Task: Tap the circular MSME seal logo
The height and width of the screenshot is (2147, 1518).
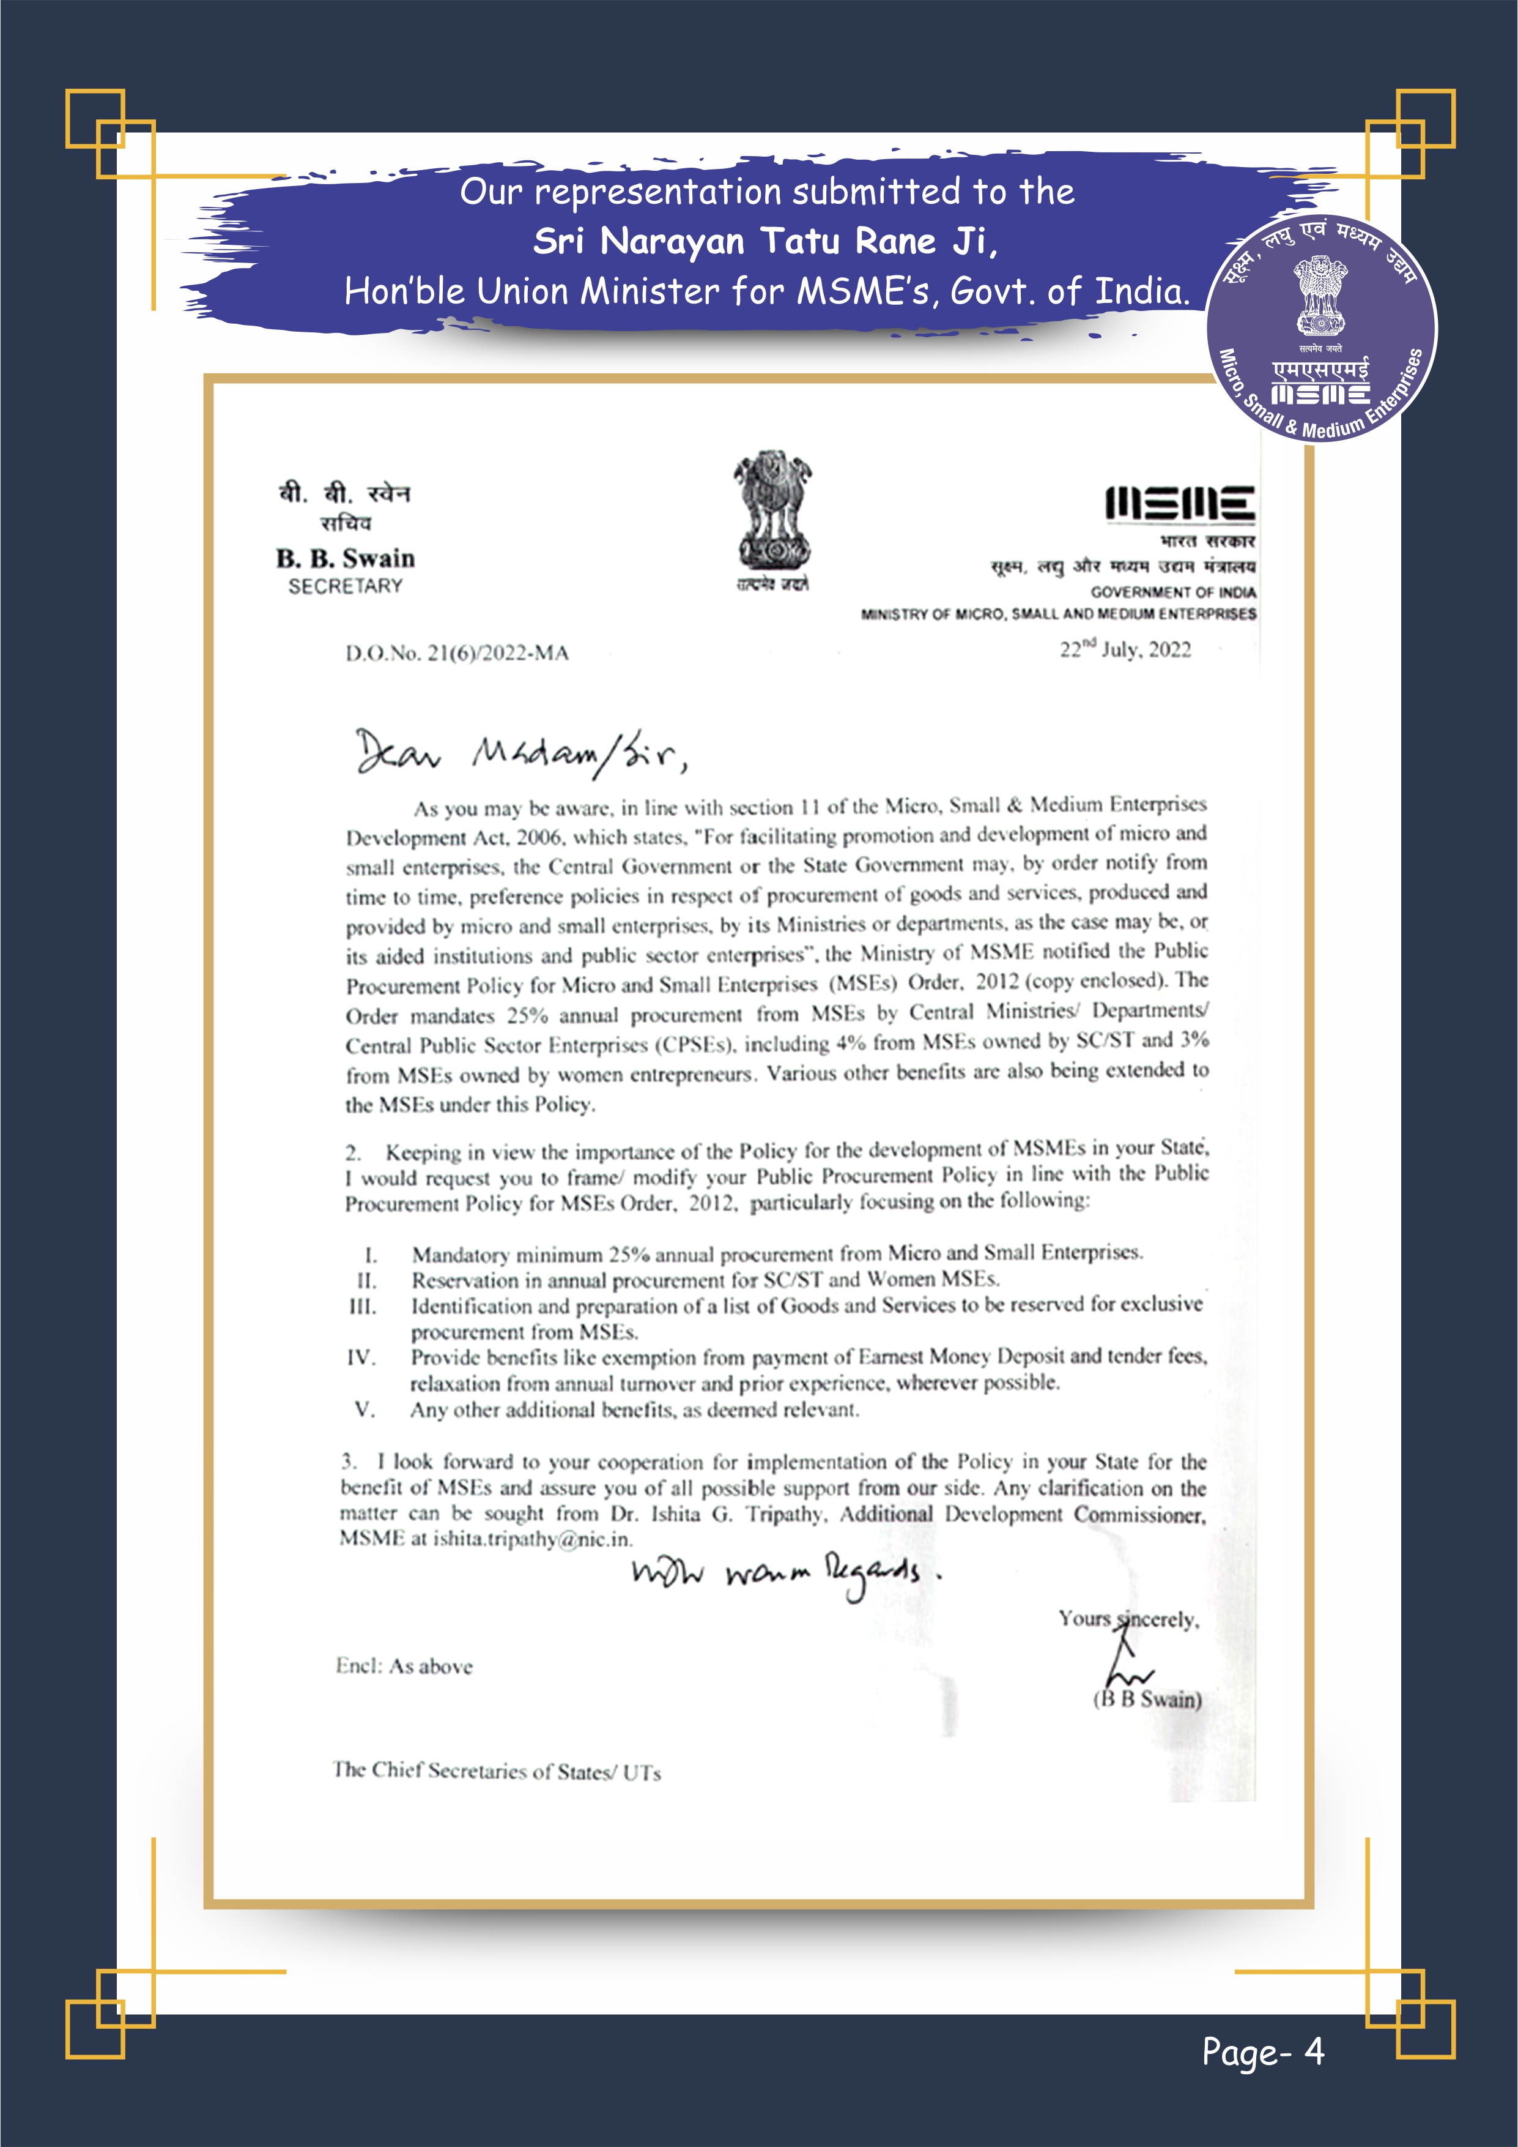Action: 1322,329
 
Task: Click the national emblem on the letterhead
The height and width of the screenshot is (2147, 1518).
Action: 771,519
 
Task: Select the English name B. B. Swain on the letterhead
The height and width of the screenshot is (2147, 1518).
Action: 345,558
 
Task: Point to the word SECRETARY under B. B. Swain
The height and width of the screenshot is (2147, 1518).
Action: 345,586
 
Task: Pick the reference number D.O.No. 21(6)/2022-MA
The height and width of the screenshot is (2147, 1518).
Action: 457,652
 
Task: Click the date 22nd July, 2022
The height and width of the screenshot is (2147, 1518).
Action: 1125,649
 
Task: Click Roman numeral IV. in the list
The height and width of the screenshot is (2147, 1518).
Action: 361,1357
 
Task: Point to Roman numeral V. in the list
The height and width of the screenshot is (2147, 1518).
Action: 365,1410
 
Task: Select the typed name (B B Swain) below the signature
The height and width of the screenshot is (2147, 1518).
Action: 1147,1699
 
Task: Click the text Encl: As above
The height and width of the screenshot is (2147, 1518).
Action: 404,1665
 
